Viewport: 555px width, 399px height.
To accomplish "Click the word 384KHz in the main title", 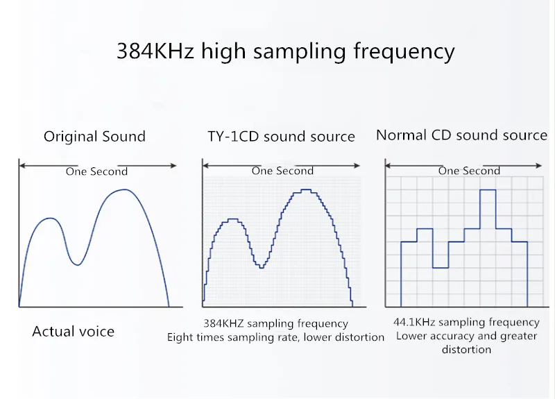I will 152,51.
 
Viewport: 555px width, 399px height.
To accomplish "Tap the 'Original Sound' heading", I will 94,136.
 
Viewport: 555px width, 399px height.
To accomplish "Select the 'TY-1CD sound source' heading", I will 281,136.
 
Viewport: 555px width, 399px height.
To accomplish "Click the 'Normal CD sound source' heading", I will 461,135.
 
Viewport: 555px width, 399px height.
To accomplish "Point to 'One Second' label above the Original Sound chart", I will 96,171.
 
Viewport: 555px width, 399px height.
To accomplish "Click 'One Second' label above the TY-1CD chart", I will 282,171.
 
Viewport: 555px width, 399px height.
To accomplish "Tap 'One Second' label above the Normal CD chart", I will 468,171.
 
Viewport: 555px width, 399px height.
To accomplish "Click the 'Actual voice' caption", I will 73,332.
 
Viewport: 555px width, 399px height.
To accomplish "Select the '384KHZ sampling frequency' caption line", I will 275,323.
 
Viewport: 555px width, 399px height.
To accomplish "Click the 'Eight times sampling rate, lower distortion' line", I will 275,337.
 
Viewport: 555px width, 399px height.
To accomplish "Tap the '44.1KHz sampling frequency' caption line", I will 466,322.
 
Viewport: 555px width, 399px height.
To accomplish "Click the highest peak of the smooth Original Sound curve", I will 123,189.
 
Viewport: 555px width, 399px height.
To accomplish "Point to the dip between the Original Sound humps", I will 78,264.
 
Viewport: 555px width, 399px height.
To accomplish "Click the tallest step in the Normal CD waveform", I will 488,190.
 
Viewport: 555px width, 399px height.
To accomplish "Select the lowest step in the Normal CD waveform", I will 441,268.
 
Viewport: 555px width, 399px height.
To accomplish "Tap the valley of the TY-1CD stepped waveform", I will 261,268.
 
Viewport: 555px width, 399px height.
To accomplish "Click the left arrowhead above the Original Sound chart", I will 22,165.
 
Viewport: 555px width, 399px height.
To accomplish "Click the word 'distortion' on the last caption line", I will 466,350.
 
